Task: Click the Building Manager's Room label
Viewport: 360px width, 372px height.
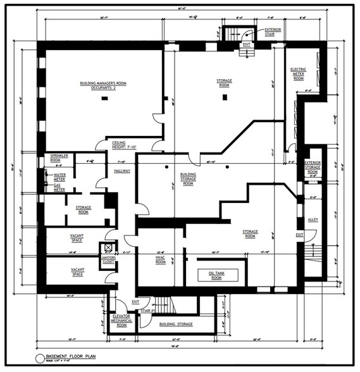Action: click(101, 85)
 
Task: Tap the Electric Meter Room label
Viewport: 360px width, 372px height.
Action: click(298, 74)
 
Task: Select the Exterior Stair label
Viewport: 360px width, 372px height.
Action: click(273, 31)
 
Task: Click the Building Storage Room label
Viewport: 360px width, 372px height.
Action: click(187, 178)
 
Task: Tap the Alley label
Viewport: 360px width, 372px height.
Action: click(313, 220)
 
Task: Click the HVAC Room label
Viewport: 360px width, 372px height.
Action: click(161, 260)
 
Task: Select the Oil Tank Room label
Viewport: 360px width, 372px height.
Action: click(216, 275)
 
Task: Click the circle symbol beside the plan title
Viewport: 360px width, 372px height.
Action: click(39, 359)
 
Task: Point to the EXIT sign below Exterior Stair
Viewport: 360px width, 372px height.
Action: click(246, 45)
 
